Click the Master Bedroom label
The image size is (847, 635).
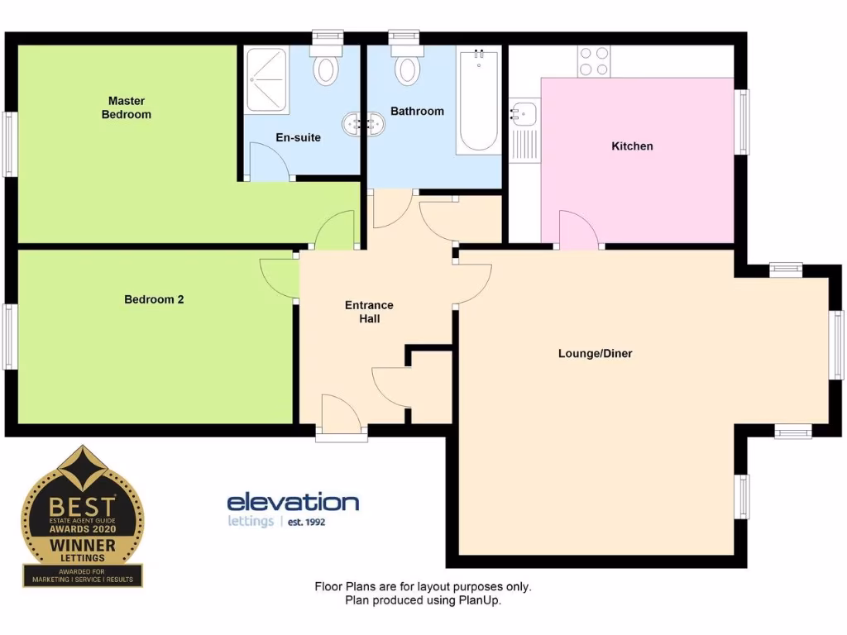(x=127, y=107)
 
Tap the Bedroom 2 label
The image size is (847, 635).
(x=154, y=299)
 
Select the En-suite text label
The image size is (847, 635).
(x=298, y=137)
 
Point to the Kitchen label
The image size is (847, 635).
(x=632, y=146)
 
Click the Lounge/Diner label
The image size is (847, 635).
(x=595, y=354)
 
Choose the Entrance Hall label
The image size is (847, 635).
(x=369, y=312)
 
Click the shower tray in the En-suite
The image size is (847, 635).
(x=266, y=79)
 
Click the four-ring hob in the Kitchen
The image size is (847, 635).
(x=592, y=60)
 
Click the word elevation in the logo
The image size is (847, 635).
(x=293, y=502)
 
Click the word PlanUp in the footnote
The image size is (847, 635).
(x=480, y=601)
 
